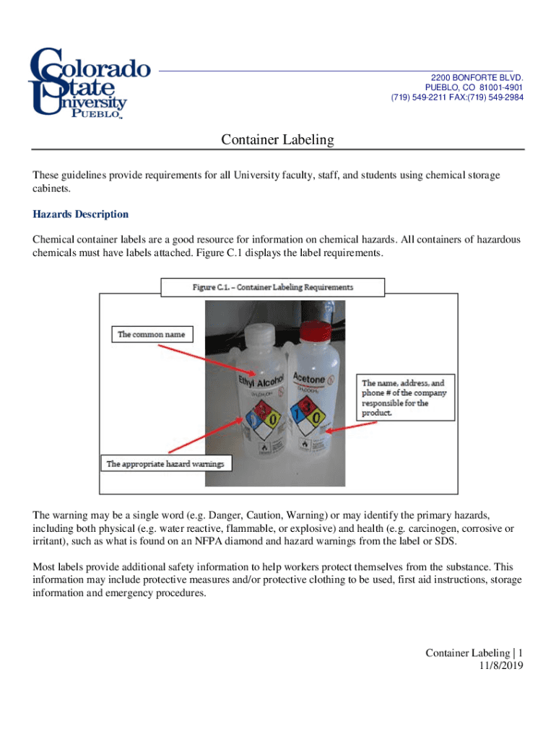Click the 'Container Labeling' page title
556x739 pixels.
coord(277,140)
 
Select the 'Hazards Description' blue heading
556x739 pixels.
coord(81,214)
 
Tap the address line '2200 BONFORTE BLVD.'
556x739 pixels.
coord(477,77)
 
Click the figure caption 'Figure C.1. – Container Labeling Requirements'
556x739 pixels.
coord(273,287)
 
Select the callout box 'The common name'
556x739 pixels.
coord(152,334)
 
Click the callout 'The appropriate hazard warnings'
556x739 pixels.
coord(165,463)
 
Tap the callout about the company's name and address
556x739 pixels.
coord(405,398)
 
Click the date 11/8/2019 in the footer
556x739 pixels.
coord(500,665)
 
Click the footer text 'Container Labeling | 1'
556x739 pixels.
coord(474,653)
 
